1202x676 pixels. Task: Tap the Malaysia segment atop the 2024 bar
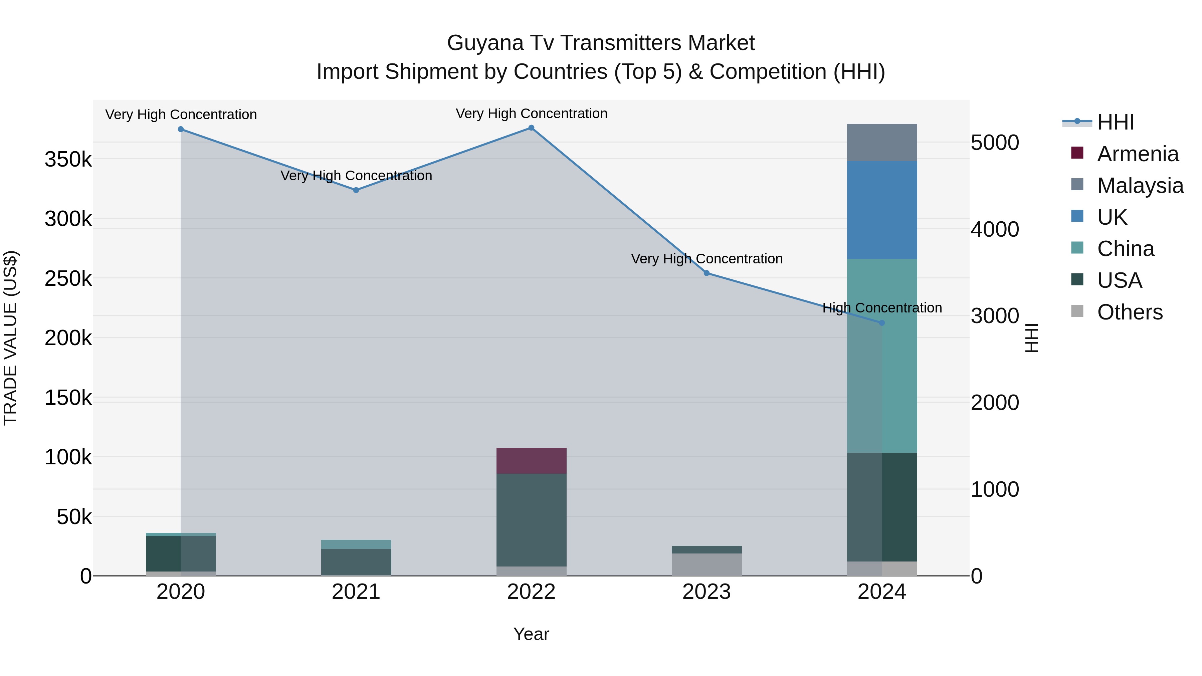881,142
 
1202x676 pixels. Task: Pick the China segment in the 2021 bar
356,544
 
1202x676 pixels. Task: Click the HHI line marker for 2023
707,273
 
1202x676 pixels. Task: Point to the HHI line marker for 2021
356,190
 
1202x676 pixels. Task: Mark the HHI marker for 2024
881,323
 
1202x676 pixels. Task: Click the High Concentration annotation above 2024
881,308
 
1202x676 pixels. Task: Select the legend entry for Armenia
1137,154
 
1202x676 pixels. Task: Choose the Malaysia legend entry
1140,186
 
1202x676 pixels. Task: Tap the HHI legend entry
1115,122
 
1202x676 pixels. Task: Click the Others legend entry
1129,312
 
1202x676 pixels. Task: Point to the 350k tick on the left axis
68,160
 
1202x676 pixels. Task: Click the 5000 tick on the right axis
994,143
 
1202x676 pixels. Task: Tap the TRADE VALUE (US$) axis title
11,338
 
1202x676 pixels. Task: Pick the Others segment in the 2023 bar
707,565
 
